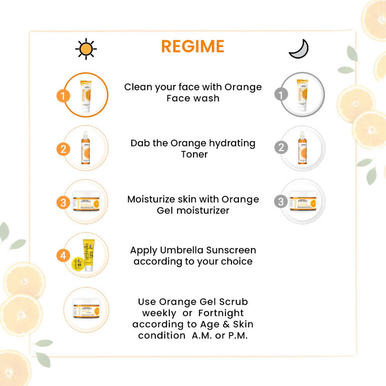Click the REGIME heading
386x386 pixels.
click(x=193, y=47)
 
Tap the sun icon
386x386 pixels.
click(x=86, y=49)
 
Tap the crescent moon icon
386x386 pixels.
click(x=299, y=49)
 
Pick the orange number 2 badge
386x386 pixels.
click(x=63, y=149)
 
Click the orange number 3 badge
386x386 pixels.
click(x=63, y=202)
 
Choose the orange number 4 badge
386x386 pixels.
click(x=63, y=255)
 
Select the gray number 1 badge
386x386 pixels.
click(x=281, y=94)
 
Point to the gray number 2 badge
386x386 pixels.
click(x=281, y=147)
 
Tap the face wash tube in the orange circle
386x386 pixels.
click(x=86, y=95)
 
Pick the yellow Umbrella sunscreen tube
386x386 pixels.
click(x=89, y=255)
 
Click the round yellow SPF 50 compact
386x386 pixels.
click(x=78, y=264)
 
